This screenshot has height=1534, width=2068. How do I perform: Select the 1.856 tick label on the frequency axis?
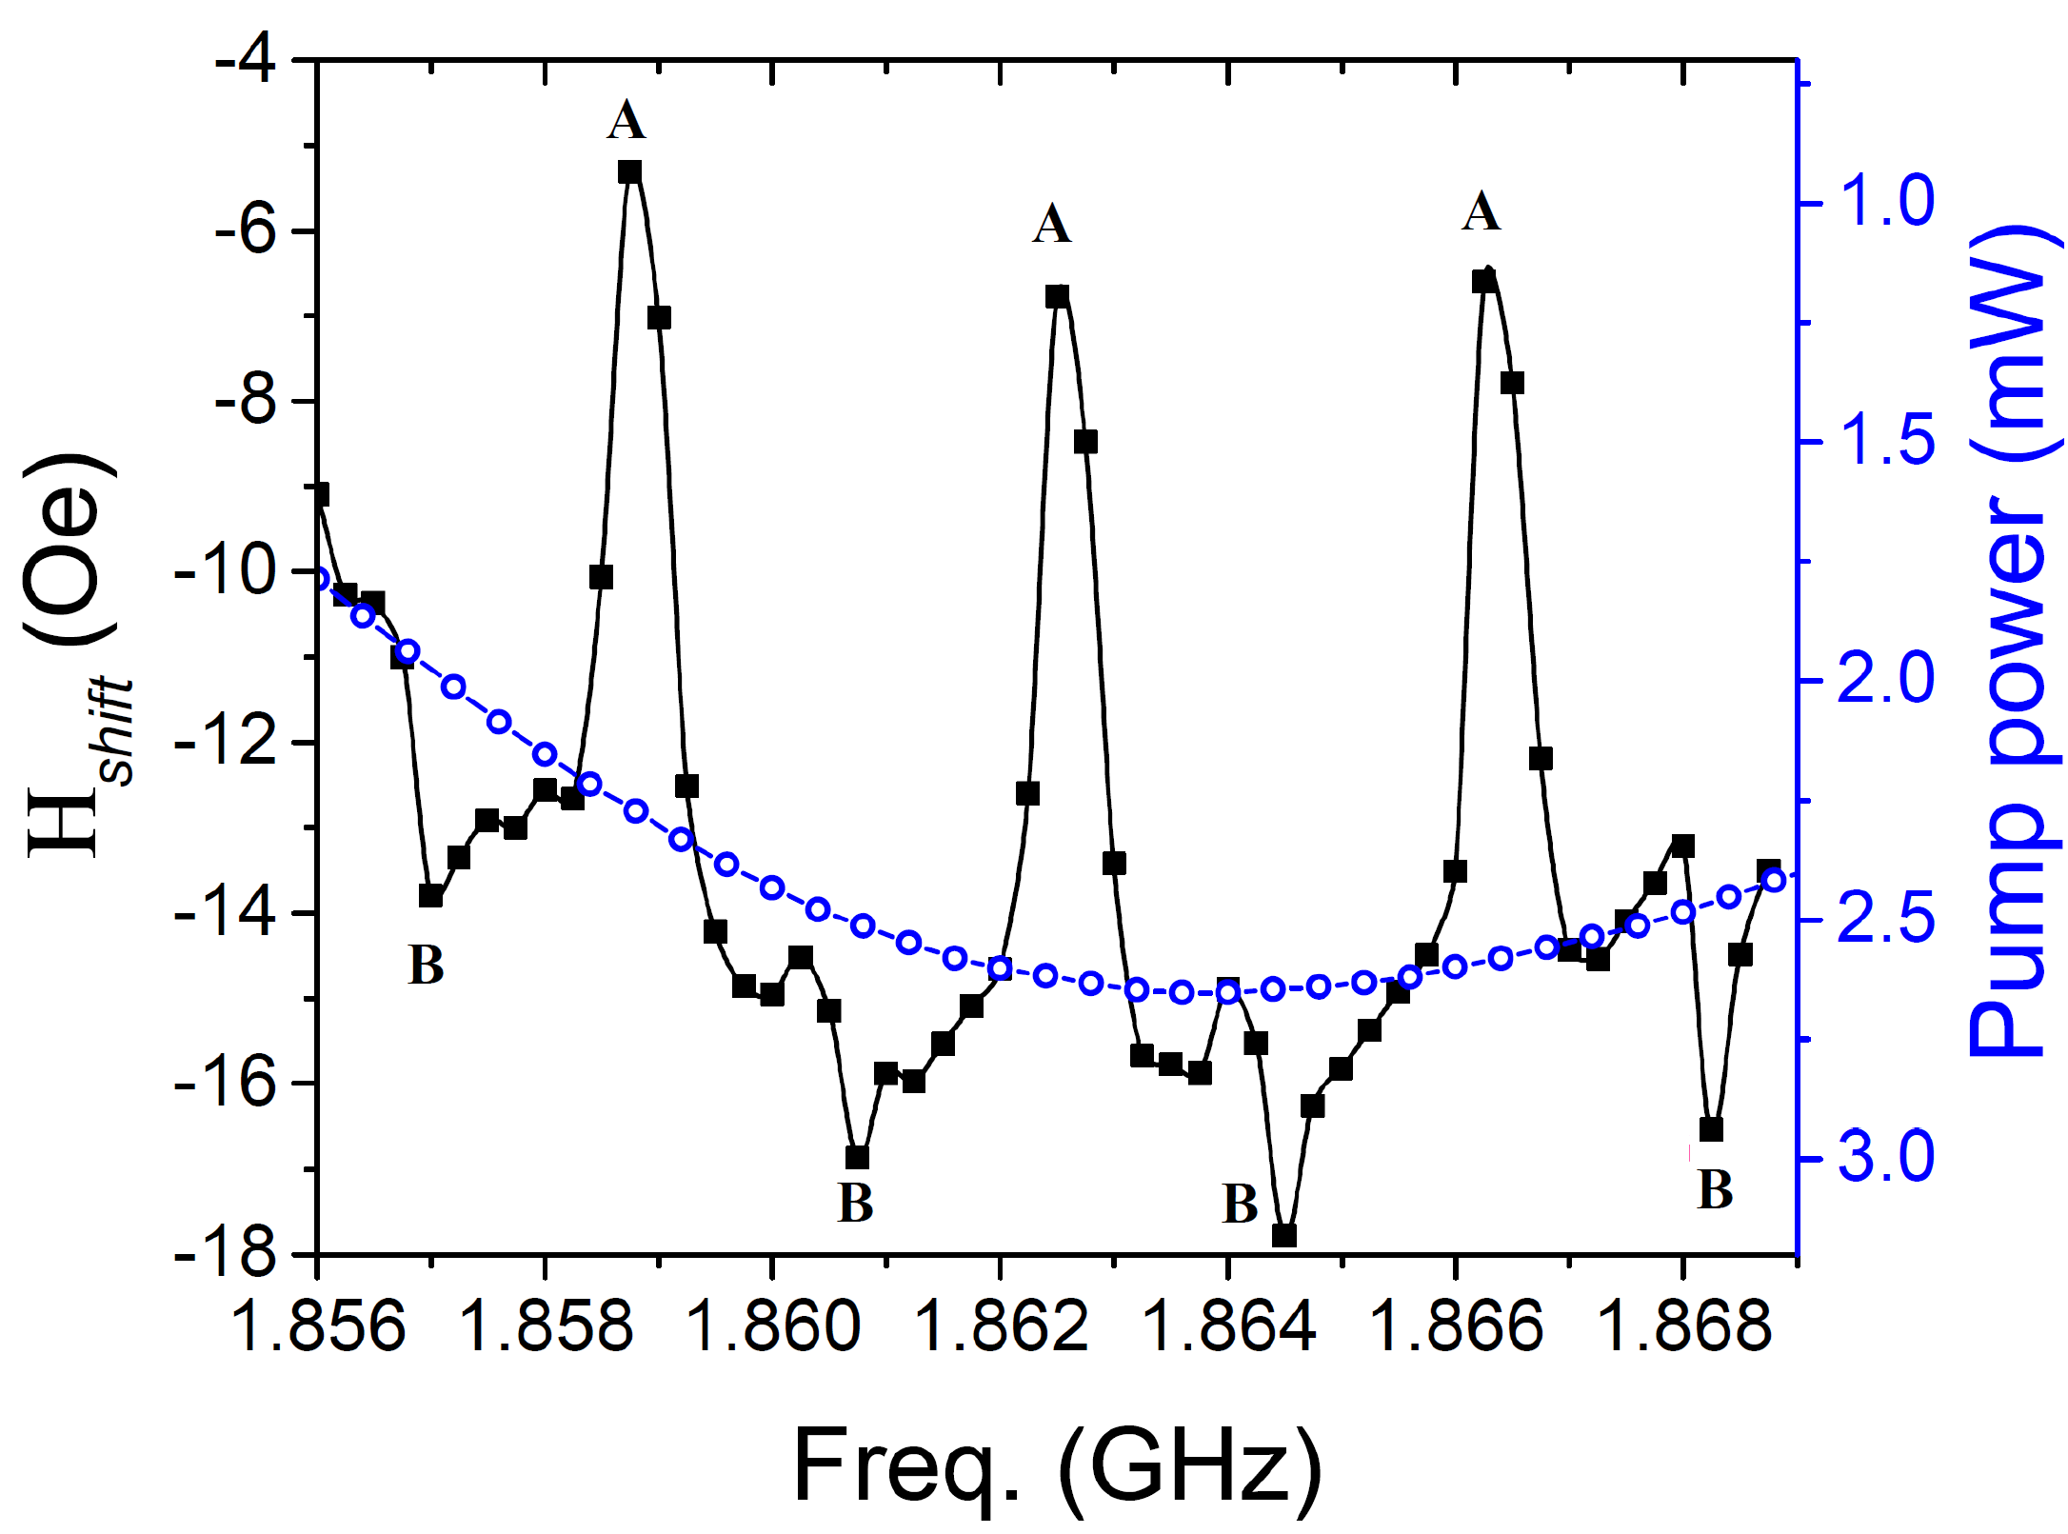coord(318,1325)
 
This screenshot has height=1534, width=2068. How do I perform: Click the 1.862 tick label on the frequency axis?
coord(1001,1325)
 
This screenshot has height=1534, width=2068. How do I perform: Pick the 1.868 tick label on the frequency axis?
coord(1683,1325)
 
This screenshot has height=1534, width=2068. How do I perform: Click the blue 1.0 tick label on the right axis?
coord(1885,202)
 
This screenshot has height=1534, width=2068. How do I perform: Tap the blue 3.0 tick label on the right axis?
coord(1885,1158)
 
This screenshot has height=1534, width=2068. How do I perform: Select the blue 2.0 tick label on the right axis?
coord(1885,680)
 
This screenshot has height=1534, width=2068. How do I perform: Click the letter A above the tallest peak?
coord(626,121)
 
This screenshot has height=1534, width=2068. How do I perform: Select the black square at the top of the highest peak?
coord(629,171)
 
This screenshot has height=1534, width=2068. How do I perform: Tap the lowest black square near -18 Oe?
coord(1284,1235)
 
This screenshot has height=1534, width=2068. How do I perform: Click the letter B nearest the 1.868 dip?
coord(1715,1189)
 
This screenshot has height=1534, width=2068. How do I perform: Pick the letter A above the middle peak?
coord(1052,225)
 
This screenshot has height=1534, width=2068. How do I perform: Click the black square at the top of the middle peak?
coord(1057,297)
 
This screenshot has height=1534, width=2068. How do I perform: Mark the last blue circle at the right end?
coord(1774,880)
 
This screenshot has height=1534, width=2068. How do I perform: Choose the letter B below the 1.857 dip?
coord(426,966)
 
